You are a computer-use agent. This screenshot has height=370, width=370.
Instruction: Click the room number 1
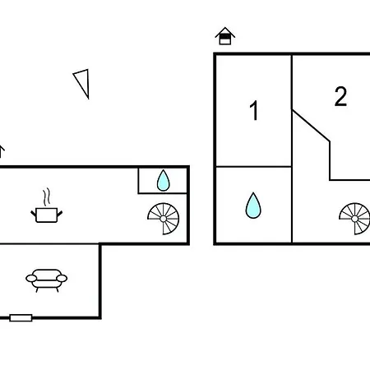pyautogui.click(x=254, y=110)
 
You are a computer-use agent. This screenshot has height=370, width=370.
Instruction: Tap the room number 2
pyautogui.click(x=340, y=96)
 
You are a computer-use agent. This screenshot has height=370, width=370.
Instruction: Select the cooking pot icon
pyautogui.click(x=47, y=215)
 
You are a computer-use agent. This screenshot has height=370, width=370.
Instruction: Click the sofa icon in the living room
pyautogui.click(x=47, y=280)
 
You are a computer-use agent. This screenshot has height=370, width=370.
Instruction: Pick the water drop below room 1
pyautogui.click(x=253, y=206)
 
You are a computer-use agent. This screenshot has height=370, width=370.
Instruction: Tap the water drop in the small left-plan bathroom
pyautogui.click(x=164, y=181)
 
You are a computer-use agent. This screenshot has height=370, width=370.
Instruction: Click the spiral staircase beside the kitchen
pyautogui.click(x=164, y=219)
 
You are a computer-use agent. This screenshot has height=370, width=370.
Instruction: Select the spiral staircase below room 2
pyautogui.click(x=354, y=219)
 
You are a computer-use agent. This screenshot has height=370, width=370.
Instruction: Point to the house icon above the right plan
pyautogui.click(x=225, y=36)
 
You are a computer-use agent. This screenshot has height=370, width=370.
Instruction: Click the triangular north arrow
pyautogui.click(x=83, y=82)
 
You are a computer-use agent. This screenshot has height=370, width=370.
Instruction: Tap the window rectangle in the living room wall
pyautogui.click(x=21, y=318)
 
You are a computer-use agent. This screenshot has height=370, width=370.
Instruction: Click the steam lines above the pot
pyautogui.click(x=47, y=197)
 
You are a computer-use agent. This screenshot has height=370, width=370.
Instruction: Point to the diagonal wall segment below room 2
pyautogui.click(x=311, y=126)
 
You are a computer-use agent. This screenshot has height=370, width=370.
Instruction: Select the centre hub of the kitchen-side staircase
pyautogui.click(x=164, y=219)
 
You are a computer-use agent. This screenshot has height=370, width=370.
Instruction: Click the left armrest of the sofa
pyautogui.click(x=31, y=279)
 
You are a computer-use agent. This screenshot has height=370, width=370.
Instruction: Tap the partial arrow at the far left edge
pyautogui.click(x=2, y=151)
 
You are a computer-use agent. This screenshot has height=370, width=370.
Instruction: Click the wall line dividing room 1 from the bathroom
pyautogui.click(x=253, y=166)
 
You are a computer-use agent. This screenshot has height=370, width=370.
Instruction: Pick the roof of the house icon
pyautogui.click(x=225, y=32)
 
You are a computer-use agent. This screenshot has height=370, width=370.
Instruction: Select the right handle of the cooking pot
pyautogui.click(x=60, y=213)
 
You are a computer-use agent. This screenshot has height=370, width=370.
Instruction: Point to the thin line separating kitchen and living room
pyautogui.click(x=49, y=243)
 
